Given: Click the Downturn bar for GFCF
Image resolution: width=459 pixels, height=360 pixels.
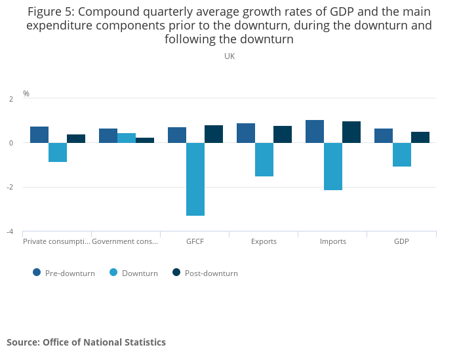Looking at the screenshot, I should [195, 179].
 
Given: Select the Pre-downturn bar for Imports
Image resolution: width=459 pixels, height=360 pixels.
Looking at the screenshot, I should [315, 131].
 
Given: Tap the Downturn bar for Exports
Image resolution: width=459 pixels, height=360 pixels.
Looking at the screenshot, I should [264, 159].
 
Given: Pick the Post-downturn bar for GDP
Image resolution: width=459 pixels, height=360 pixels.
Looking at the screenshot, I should [420, 137].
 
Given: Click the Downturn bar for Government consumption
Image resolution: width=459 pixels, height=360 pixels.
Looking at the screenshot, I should [127, 138].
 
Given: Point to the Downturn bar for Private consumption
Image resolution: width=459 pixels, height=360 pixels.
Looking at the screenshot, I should [58, 152].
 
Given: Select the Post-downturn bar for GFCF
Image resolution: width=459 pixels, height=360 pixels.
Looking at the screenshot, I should [214, 134].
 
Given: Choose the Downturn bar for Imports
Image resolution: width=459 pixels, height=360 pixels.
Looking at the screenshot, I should [333, 167].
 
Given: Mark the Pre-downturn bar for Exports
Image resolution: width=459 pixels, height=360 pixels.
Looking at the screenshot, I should [246, 133].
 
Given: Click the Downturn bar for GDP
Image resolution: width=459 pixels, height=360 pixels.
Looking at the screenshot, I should [402, 155].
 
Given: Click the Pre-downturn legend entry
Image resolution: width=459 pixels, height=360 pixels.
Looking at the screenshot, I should [64, 273].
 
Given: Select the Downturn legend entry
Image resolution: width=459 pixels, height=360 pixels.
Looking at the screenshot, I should [134, 273].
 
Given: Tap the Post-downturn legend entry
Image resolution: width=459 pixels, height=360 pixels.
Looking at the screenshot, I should [205, 273].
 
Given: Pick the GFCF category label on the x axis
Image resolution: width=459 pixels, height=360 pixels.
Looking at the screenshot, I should [195, 241].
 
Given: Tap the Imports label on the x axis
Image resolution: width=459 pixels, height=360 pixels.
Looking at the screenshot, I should [333, 241].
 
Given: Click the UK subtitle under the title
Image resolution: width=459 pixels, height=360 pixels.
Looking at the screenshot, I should [229, 56].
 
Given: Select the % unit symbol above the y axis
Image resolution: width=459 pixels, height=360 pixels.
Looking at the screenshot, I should [26, 94].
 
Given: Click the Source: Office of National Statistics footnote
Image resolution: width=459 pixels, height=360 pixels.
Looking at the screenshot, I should [86, 342].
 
